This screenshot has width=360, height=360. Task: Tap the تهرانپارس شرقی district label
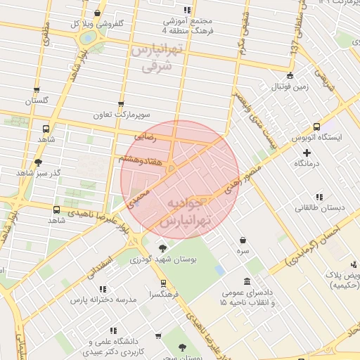156,59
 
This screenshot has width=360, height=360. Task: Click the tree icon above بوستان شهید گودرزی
162,248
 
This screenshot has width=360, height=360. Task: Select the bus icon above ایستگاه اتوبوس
316,127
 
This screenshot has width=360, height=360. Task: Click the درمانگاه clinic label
307,163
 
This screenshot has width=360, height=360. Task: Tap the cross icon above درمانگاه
307,152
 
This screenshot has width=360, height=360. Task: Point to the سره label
243,250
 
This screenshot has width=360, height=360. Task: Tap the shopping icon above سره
243,240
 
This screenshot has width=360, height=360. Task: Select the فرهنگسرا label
163,295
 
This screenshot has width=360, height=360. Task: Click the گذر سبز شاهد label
34,173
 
